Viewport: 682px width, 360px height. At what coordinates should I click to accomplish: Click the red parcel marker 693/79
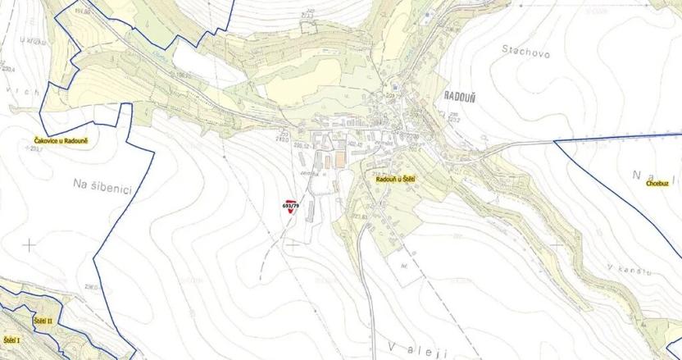290,206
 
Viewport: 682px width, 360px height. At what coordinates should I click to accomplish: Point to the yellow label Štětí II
43,320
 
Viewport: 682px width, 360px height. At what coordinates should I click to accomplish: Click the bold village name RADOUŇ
459,95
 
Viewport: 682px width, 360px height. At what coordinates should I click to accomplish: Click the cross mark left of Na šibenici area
30,244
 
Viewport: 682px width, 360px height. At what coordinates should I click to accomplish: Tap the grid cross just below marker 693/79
293,244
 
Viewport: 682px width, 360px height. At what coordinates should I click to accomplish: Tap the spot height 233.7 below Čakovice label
35,150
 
